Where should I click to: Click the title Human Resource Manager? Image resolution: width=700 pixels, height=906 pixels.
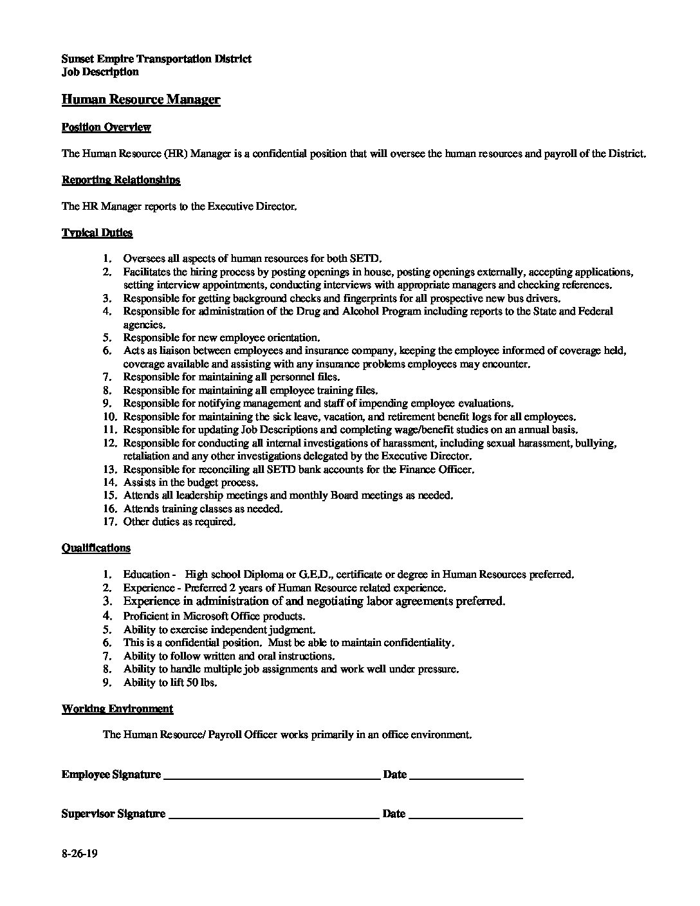[x=141, y=100]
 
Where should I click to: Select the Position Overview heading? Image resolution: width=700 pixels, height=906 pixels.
[x=106, y=127]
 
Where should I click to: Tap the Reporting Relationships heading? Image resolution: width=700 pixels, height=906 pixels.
[x=121, y=180]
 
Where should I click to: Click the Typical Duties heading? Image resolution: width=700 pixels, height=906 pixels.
[x=97, y=233]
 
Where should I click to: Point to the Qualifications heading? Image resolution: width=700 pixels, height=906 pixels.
[x=96, y=548]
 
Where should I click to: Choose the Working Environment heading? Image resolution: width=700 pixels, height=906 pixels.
[x=117, y=709]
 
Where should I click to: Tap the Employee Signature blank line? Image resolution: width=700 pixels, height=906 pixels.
[x=272, y=778]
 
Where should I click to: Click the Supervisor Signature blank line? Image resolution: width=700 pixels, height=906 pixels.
[x=273, y=817]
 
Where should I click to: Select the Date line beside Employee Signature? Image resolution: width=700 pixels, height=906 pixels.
[x=466, y=778]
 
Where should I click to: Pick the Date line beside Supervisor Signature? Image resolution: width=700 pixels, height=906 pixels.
[x=465, y=817]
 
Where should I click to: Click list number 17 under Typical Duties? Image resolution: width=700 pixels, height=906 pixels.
[x=109, y=522]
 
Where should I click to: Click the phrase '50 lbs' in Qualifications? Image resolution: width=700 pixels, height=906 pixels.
[x=202, y=683]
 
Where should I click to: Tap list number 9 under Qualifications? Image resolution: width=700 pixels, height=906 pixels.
[x=109, y=683]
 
